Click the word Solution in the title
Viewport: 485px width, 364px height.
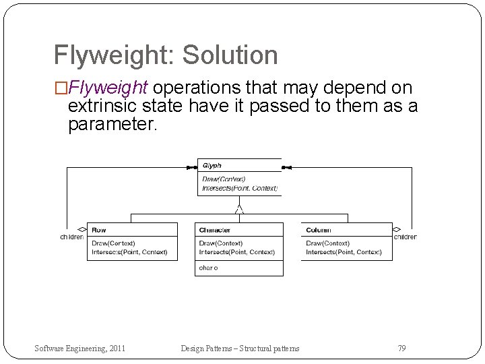pyautogui.click(x=230, y=55)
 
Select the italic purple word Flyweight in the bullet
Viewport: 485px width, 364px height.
pyautogui.click(x=108, y=88)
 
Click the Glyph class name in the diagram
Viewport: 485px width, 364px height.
pyautogui.click(x=212, y=166)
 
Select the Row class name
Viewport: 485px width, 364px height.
pyautogui.click(x=98, y=231)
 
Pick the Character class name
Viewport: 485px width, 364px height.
pyautogui.click(x=214, y=231)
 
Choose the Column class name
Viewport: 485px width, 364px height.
pyautogui.click(x=318, y=231)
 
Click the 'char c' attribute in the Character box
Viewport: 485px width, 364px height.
pyautogui.click(x=208, y=268)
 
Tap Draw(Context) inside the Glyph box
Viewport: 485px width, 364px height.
pyautogui.click(x=224, y=179)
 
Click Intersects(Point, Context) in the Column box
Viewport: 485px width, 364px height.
pyautogui.click(x=344, y=252)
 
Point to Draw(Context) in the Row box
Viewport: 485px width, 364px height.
pyautogui.click(x=113, y=243)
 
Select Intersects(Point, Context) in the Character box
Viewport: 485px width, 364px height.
pyautogui.click(x=237, y=252)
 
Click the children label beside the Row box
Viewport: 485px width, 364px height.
pyautogui.click(x=72, y=237)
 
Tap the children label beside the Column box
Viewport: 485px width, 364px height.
pyautogui.click(x=405, y=237)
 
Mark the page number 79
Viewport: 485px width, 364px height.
pyautogui.click(x=401, y=348)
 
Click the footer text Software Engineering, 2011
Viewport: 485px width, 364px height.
pyautogui.click(x=79, y=348)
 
